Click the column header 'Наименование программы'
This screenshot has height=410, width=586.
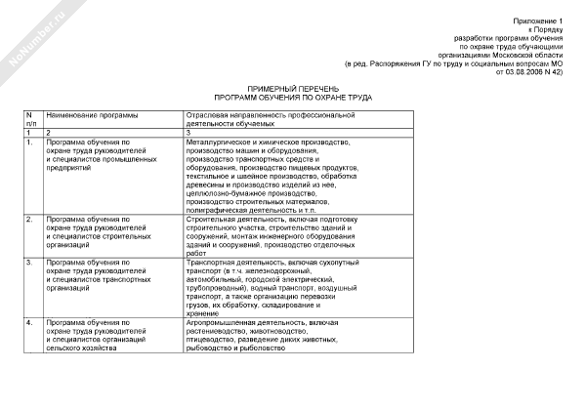(92, 116)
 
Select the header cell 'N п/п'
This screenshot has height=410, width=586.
(32, 120)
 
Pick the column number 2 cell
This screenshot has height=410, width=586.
(47, 133)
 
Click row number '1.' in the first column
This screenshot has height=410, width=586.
(30, 143)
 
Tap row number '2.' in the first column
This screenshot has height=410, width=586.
(30, 220)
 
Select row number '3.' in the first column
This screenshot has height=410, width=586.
(30, 263)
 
